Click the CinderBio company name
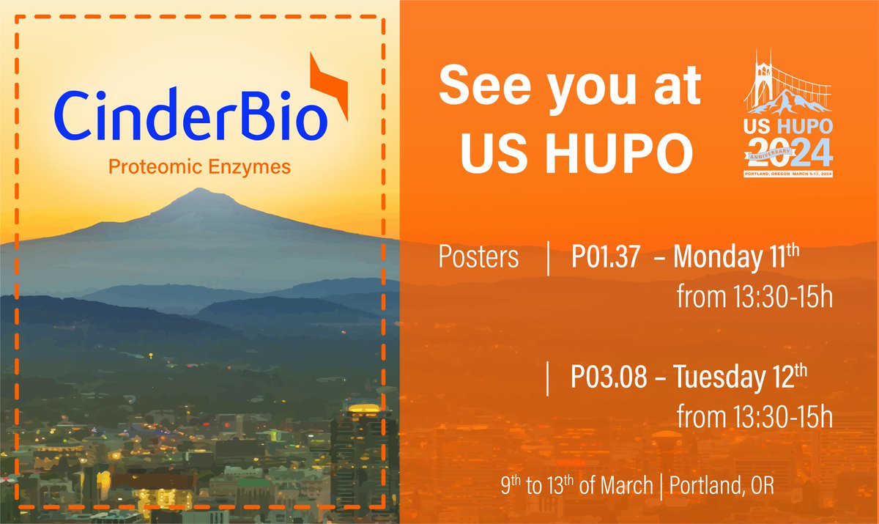pos(189,117)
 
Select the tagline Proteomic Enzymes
pos(199,167)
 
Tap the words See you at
pos(569,88)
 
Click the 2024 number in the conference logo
pos(789,152)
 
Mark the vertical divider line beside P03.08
pos(548,380)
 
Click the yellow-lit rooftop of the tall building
pos(364,409)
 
